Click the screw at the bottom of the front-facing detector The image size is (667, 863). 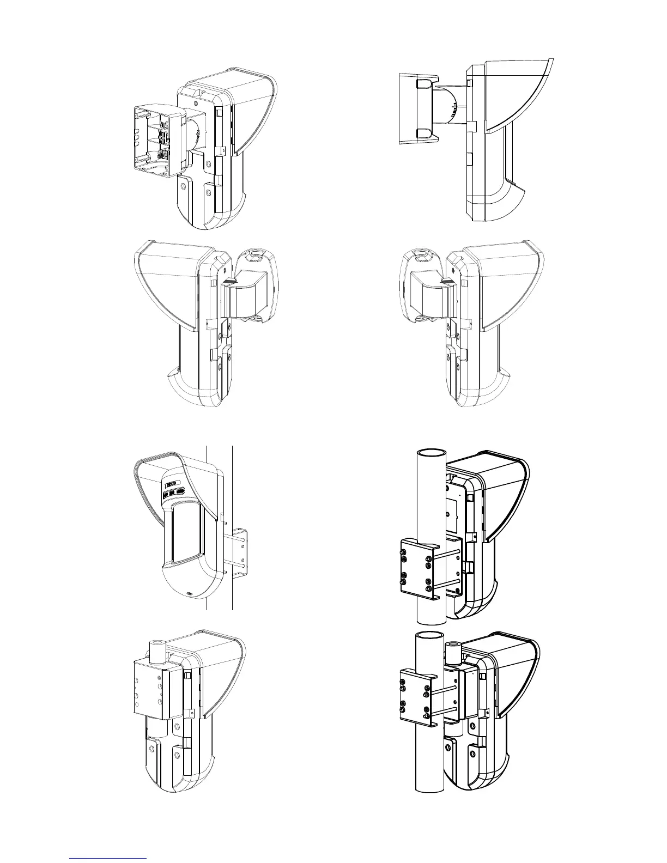tap(189, 594)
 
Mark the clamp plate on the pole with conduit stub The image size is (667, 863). tap(416, 698)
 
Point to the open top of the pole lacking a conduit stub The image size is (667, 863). tap(431, 453)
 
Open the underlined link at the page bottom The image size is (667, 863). tap(108, 858)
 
